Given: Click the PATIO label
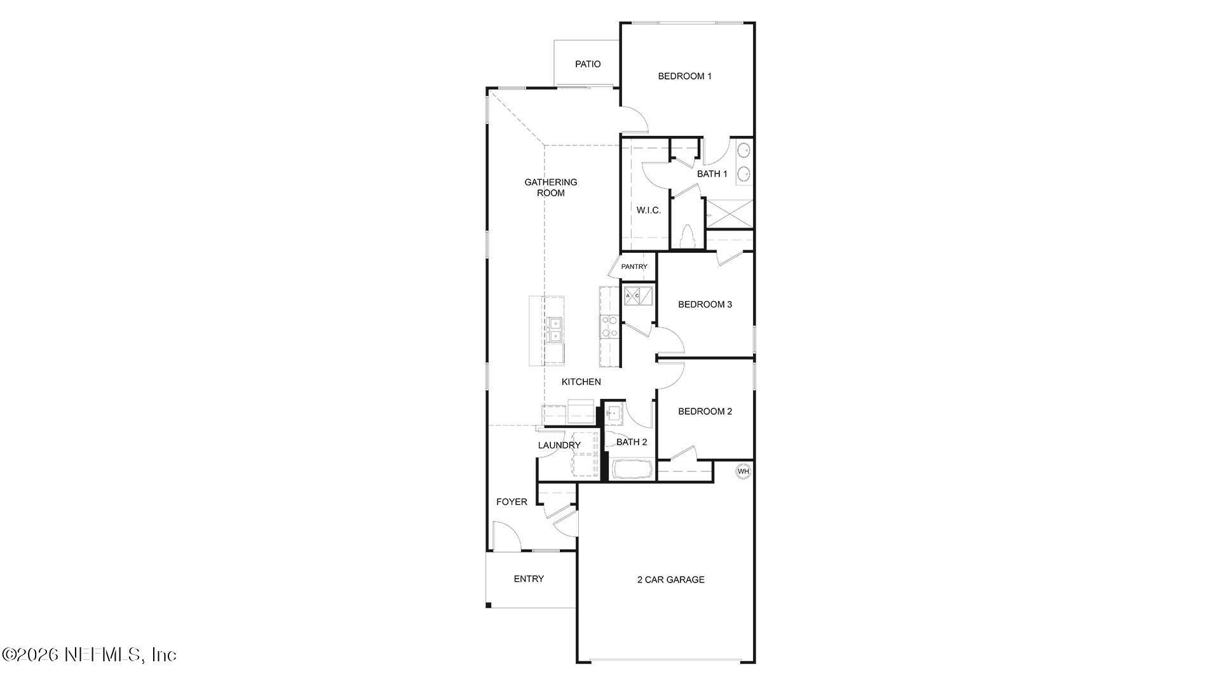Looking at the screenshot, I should click(588, 64).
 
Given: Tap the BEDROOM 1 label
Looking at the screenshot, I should click(684, 76).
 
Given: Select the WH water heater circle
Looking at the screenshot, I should click(743, 471).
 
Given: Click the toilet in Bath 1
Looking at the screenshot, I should click(688, 237).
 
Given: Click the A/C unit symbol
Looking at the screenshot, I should click(638, 296).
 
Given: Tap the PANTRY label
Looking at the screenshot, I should click(634, 267).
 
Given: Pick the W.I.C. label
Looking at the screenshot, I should click(649, 210).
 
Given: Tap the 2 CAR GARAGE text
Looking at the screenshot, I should click(671, 579).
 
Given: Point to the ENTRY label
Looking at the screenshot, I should click(529, 579).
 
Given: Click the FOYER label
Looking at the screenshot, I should click(512, 502).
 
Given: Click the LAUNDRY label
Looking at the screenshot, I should click(559, 445).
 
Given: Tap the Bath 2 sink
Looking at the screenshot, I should click(613, 414).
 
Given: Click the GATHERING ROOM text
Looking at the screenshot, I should click(550, 187).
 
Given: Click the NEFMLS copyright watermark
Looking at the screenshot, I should click(89, 654).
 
